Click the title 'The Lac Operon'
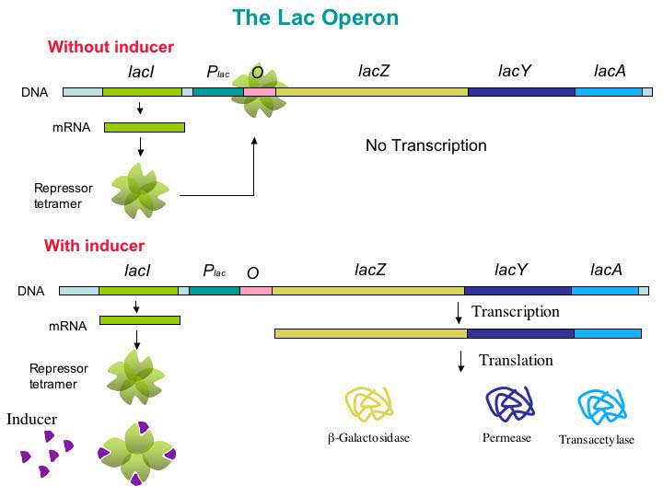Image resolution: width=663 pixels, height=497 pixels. [x=315, y=17]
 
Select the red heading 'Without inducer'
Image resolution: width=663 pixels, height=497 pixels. [x=110, y=47]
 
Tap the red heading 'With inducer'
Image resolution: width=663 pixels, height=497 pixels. [x=94, y=246]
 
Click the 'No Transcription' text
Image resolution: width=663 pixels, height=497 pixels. [x=425, y=145]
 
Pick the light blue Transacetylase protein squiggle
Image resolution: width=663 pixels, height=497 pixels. [x=600, y=406]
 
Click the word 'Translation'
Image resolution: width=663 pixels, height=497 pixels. [x=516, y=360]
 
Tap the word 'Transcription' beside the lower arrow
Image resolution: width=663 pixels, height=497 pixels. [x=515, y=311]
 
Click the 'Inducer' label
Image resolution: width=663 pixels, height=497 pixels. [x=32, y=420]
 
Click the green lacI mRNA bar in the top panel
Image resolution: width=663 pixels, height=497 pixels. [x=145, y=127]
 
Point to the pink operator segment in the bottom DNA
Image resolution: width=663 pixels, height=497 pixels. [x=256, y=291]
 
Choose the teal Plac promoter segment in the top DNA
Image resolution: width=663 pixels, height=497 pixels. [x=217, y=92]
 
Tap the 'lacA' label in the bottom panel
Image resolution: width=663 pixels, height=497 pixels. [x=606, y=270]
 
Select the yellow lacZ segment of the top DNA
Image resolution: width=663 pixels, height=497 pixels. [x=372, y=92]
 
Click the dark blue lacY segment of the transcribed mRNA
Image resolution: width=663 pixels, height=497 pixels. [x=517, y=333]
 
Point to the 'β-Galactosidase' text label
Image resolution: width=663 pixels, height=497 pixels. [x=368, y=438]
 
